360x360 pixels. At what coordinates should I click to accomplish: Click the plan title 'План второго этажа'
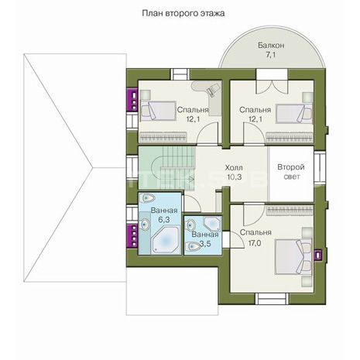[183, 13]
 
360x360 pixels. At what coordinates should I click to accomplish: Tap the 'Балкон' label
[271, 46]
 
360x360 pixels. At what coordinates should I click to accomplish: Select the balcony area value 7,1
[271, 55]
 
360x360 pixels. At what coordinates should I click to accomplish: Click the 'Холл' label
[234, 168]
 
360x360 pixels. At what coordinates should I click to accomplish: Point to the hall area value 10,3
[235, 177]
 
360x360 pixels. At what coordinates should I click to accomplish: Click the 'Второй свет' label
[291, 172]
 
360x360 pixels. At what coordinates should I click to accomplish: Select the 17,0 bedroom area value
[255, 243]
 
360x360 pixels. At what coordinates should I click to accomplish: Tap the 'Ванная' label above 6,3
[164, 211]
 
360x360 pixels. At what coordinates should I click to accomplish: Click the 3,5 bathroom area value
[205, 243]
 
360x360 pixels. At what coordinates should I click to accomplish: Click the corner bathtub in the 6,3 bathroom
[166, 240]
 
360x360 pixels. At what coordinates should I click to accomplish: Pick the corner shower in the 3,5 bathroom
[212, 224]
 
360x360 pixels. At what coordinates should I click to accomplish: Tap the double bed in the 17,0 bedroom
[293, 256]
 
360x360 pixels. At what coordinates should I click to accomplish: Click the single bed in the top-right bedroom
[294, 114]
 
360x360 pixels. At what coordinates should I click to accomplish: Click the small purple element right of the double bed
[318, 255]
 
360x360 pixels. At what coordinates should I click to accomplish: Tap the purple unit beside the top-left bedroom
[132, 100]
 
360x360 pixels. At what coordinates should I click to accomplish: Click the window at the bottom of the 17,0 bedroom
[272, 299]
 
